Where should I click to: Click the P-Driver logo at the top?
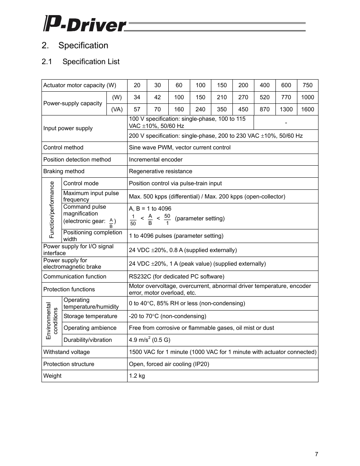85,24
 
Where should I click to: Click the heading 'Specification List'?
91,62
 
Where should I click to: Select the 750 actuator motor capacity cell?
307,85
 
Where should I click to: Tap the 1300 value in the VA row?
286,109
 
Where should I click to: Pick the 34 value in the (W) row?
137,97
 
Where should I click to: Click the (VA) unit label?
117,109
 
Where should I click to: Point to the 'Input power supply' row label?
68,128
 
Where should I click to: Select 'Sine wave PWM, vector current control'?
180,148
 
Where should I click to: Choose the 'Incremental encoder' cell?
155,160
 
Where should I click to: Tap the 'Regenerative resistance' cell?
160,171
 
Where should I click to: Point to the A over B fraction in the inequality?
150,219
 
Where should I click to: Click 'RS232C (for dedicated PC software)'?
177,277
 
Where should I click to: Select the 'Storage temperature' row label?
90,316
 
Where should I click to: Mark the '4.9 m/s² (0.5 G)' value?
149,340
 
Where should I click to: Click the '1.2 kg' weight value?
137,376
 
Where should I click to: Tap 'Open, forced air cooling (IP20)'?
169,364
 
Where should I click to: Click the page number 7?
316,454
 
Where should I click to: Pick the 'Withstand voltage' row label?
66,352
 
